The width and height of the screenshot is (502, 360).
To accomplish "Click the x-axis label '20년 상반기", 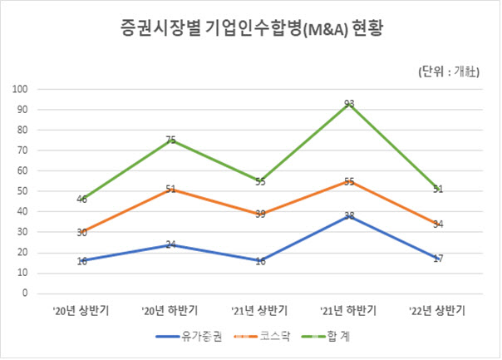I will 82,310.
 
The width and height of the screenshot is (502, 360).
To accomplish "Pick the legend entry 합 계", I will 342,337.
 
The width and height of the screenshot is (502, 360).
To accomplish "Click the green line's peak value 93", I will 349,104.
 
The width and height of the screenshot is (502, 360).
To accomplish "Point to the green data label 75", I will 170,141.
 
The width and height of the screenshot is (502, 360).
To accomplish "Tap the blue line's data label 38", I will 349,216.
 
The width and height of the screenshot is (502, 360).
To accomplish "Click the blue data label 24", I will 170,244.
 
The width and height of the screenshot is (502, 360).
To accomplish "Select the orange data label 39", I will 260,214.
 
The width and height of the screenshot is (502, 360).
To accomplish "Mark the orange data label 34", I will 438,224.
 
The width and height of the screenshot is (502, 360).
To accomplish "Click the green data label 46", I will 81,200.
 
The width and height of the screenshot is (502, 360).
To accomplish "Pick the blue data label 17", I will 438,259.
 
